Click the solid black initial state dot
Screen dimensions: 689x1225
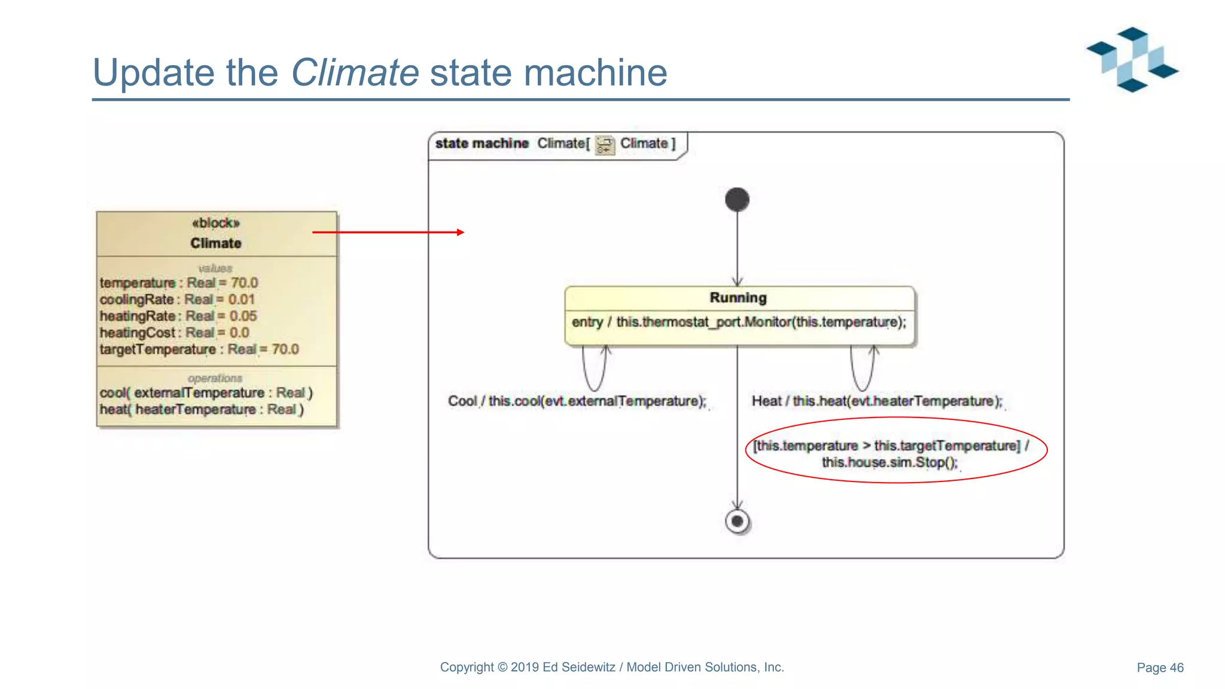tap(737, 200)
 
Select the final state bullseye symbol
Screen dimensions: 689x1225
tap(737, 521)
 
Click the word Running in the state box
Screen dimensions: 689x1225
tap(738, 298)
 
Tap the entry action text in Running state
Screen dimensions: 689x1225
tap(739, 322)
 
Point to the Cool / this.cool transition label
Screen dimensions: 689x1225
tap(577, 401)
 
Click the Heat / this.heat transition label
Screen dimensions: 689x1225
tap(876, 401)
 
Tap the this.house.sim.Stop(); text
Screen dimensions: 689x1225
tap(889, 462)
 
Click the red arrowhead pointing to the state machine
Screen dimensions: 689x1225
tap(460, 232)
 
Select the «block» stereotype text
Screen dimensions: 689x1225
tap(215, 223)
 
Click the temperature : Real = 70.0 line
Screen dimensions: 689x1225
tap(178, 283)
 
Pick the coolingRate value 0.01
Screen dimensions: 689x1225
tap(242, 300)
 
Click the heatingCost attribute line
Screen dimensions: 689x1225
tap(174, 333)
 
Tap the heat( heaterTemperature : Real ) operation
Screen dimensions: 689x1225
tap(202, 410)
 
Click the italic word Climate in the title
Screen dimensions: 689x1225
tap(355, 72)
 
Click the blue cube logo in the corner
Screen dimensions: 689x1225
tap(1132, 59)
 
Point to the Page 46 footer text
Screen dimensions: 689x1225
tap(1160, 667)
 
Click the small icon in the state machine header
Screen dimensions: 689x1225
tap(605, 145)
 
